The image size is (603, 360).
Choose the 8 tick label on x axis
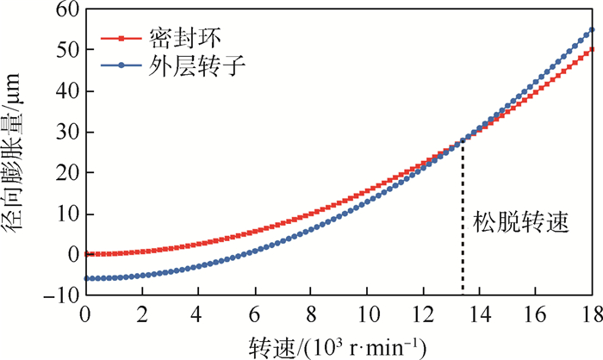coord(311,314)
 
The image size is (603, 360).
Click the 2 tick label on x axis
coord(142,314)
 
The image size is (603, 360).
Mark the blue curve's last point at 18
coord(592,30)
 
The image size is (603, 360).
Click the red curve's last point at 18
coord(592,49)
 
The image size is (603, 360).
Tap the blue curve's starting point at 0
coord(86,278)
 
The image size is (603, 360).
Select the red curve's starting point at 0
coord(86,254)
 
